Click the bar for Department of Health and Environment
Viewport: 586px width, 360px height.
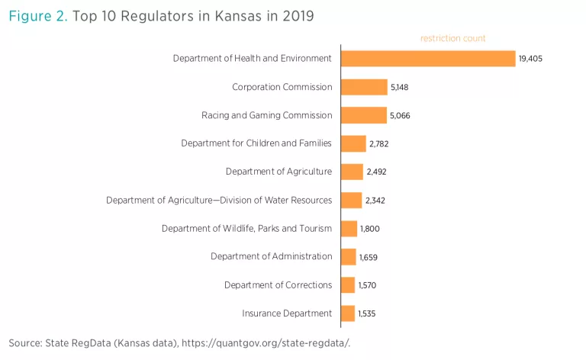tap(428, 58)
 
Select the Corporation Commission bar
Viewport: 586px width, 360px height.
tap(364, 87)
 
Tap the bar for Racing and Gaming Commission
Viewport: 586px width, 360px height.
tap(364, 115)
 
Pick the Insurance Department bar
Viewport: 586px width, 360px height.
tap(348, 313)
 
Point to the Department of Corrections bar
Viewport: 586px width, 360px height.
tap(348, 285)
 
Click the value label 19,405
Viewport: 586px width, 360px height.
tap(530, 59)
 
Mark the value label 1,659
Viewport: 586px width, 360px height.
tap(369, 257)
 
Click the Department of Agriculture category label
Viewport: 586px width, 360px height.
tap(279, 172)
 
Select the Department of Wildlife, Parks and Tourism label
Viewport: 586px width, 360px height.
tap(246, 228)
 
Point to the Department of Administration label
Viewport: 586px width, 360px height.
tap(271, 256)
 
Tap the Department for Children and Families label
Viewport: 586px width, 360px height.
tap(256, 143)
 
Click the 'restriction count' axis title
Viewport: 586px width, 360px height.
tap(453, 38)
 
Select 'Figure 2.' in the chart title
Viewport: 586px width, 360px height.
tap(37, 16)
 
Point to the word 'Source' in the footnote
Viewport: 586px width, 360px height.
tap(25, 342)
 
